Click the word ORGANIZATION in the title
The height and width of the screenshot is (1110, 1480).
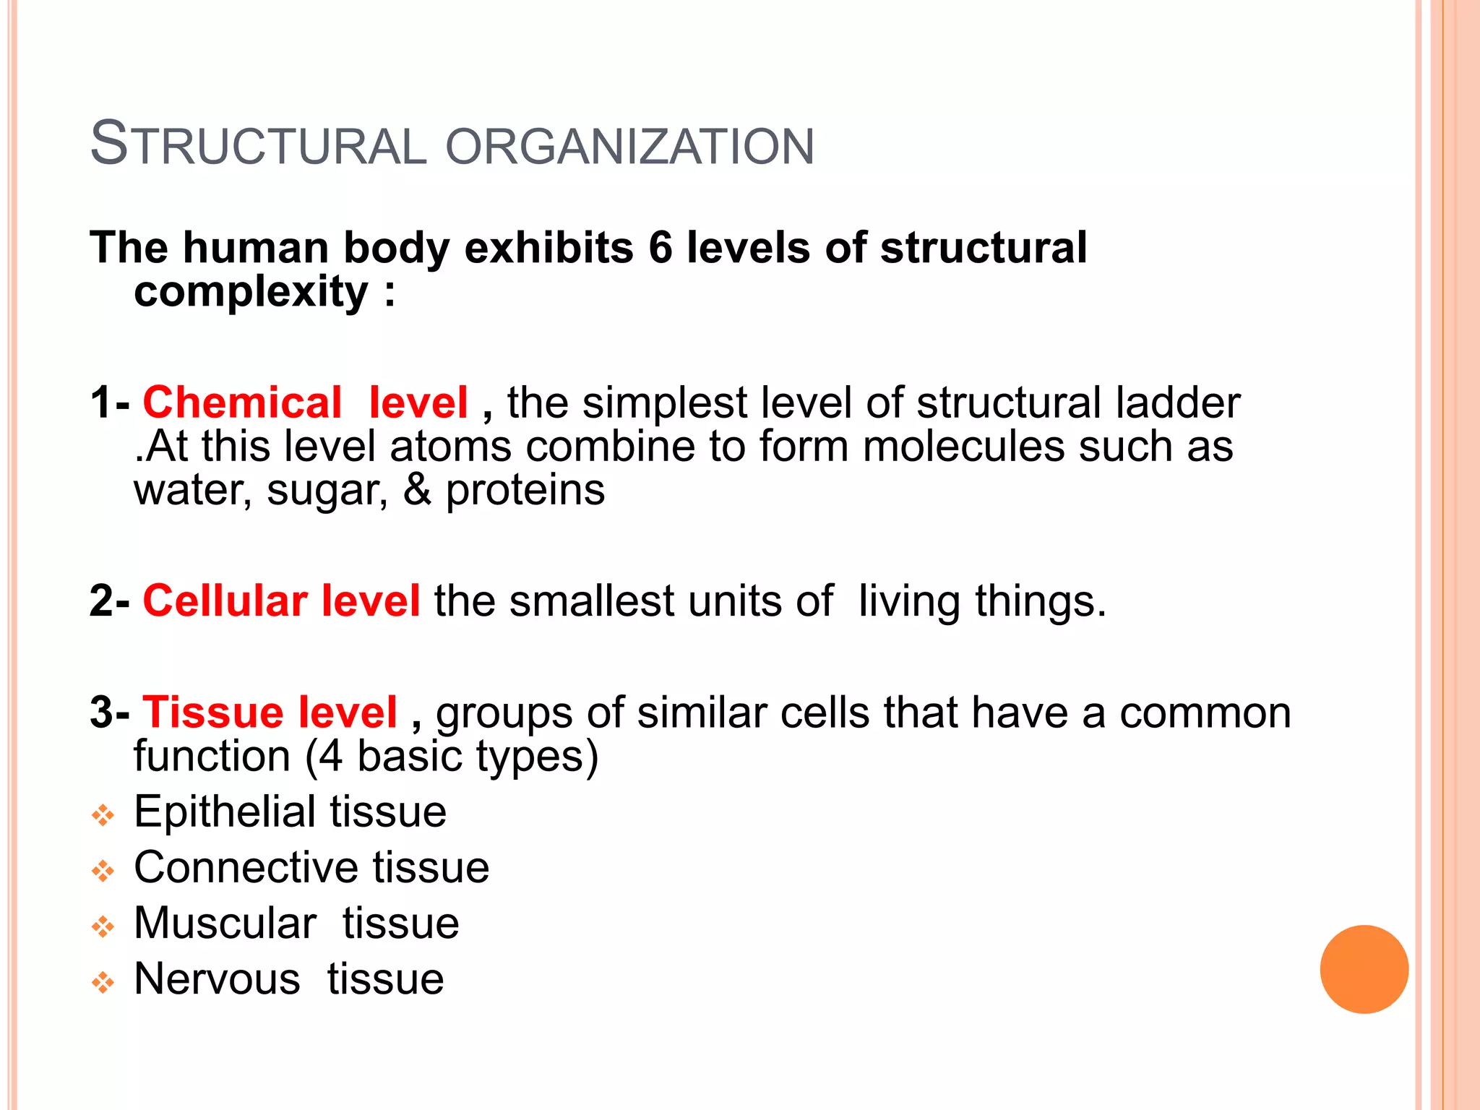point(629,146)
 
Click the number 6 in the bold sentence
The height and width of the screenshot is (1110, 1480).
point(661,248)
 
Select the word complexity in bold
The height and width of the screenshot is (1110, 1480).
point(251,292)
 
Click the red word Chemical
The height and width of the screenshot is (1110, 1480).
point(242,403)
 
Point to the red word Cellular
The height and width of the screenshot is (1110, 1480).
point(225,601)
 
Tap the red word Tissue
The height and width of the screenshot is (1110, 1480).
point(213,713)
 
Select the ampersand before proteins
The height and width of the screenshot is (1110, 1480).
point(417,490)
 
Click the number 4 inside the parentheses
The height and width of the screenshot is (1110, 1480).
point(330,757)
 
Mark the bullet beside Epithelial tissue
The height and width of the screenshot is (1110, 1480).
point(103,816)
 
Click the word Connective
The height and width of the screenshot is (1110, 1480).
point(246,867)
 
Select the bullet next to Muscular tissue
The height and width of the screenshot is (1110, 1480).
point(103,927)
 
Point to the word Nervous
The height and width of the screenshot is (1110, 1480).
point(217,979)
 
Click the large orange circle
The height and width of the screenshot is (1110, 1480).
point(1364,969)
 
